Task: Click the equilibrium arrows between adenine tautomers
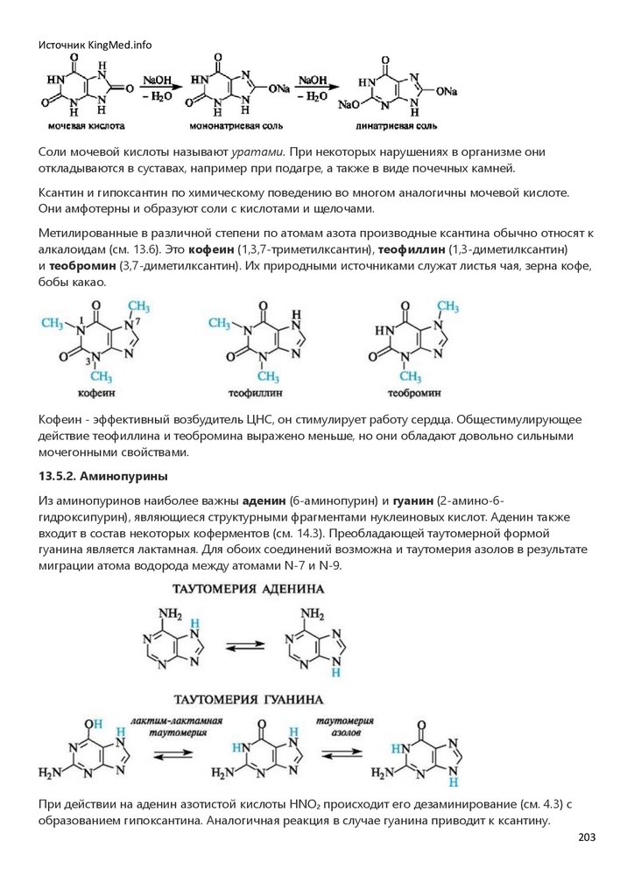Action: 245,647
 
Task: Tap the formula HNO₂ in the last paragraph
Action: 297,804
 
